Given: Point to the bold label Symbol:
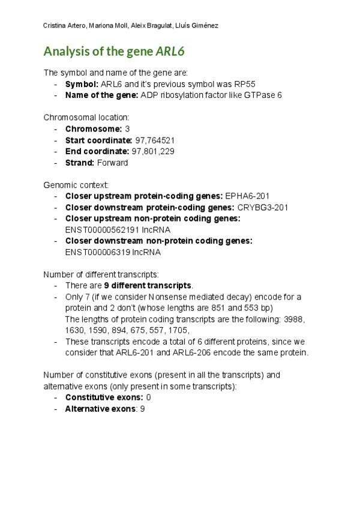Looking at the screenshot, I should click(82, 84).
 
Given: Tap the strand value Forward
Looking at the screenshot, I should click(114, 162).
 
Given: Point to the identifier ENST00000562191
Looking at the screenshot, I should click(102, 229).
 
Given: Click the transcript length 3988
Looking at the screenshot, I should click(296, 319).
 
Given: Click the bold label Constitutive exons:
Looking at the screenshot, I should click(104, 397).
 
